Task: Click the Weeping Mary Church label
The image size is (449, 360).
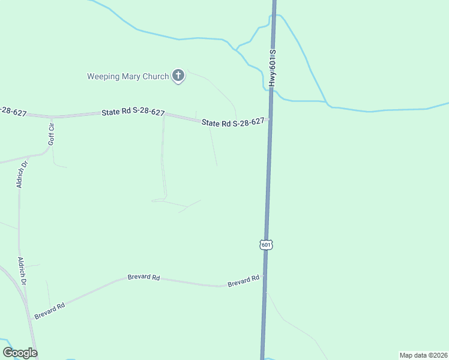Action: [x=128, y=76]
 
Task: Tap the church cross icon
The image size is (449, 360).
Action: [x=178, y=76]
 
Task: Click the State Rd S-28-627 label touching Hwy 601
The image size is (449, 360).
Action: [x=233, y=122]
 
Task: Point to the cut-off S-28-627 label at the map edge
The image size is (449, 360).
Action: [x=13, y=112]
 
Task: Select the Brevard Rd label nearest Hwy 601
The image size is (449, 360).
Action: [x=243, y=281]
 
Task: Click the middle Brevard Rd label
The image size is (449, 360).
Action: [x=143, y=278]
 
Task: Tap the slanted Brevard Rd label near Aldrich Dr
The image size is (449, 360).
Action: [x=49, y=311]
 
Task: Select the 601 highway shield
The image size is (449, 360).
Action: [x=267, y=245]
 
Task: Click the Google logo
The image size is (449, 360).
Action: [x=20, y=353]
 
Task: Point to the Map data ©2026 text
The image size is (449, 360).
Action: [x=423, y=355]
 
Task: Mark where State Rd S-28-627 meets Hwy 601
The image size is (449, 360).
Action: [x=269, y=119]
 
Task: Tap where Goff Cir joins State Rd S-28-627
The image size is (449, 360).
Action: [x=52, y=116]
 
